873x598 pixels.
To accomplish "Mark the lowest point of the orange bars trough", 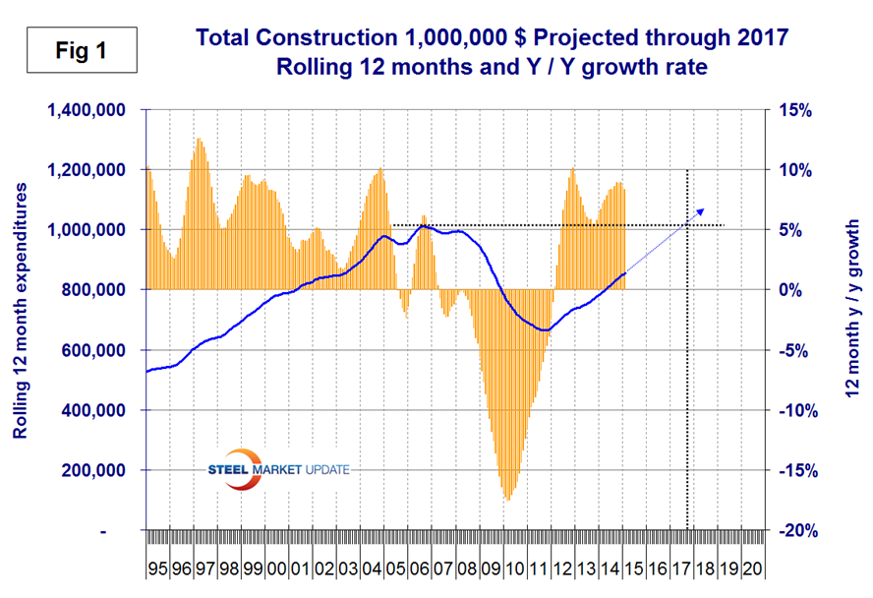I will pyautogui.click(x=507, y=500).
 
